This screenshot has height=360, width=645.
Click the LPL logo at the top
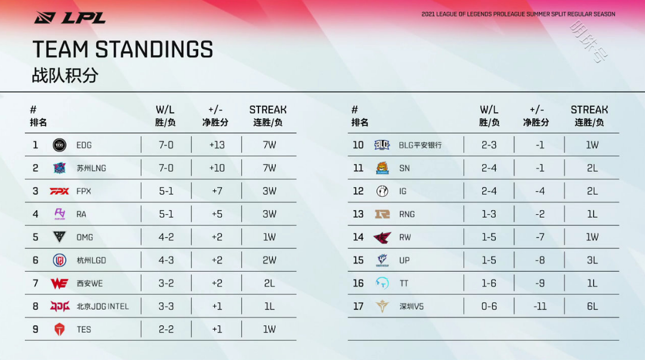click(70, 18)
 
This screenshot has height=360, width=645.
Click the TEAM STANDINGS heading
click(122, 50)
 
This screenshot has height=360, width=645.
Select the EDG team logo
click(60, 145)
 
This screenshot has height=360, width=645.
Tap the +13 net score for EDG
click(217, 145)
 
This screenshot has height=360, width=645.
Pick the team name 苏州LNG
click(91, 168)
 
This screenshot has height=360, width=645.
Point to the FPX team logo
click(60, 191)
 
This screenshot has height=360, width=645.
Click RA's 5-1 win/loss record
click(166, 214)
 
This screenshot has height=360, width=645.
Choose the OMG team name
click(84, 238)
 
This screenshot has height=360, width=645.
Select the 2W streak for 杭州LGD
click(270, 260)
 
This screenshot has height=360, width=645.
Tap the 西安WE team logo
click(60, 284)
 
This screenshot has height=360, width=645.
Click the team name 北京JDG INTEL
click(103, 307)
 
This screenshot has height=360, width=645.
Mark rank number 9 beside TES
click(35, 330)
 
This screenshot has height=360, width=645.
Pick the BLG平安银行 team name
click(420, 145)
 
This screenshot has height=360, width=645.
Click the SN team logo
click(382, 168)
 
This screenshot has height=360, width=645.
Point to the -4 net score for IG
click(540, 191)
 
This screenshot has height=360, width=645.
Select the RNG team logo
click(382, 214)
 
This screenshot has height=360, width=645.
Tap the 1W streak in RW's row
click(592, 238)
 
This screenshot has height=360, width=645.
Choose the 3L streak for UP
click(592, 260)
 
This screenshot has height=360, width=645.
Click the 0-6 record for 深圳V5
click(489, 307)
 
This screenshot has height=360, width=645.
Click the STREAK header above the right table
click(589, 110)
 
